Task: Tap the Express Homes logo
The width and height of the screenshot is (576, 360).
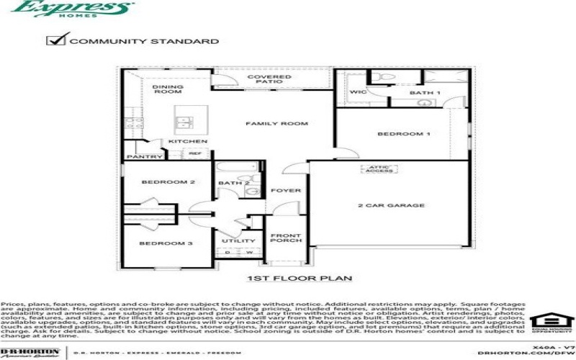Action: pyautogui.click(x=73, y=9)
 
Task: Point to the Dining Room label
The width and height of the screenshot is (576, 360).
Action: pyautogui.click(x=168, y=89)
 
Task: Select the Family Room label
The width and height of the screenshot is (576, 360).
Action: pyautogui.click(x=266, y=124)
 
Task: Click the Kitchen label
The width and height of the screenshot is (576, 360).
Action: pyautogui.click(x=178, y=141)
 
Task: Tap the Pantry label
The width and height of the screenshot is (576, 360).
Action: pyautogui.click(x=138, y=156)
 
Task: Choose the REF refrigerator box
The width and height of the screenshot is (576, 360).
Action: pyautogui.click(x=194, y=153)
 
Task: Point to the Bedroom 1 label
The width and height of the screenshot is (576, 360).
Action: pyautogui.click(x=404, y=134)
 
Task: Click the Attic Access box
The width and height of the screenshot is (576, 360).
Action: pyautogui.click(x=377, y=169)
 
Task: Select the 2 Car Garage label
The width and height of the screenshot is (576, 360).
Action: pyautogui.click(x=381, y=205)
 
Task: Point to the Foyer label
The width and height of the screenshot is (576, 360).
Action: pyautogui.click(x=280, y=190)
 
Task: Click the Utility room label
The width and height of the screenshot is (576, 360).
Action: pyautogui.click(x=238, y=241)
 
